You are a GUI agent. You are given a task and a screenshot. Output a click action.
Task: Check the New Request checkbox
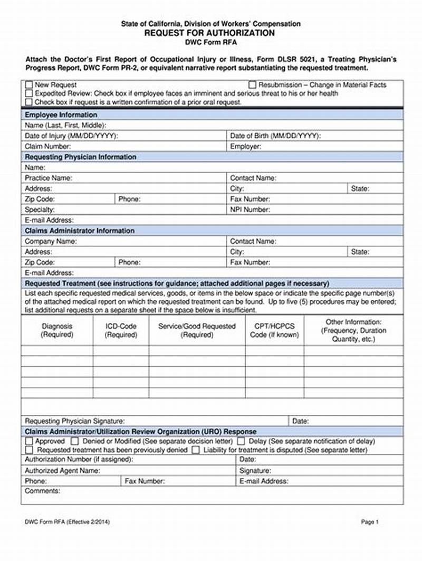(x=29, y=85)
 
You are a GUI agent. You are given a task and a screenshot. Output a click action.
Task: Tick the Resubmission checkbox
(x=252, y=85)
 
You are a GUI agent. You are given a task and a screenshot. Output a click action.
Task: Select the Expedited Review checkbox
(x=29, y=93)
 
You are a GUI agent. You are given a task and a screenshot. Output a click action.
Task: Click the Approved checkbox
(x=29, y=441)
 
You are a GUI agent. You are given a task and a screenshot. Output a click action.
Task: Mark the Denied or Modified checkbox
(x=74, y=441)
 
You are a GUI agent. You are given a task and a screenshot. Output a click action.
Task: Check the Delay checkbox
(x=241, y=441)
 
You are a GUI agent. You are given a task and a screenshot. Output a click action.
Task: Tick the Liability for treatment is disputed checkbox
(x=196, y=450)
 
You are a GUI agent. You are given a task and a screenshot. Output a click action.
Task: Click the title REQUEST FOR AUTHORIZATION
(x=210, y=33)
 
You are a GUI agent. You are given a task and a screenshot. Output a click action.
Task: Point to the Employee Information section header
(x=61, y=115)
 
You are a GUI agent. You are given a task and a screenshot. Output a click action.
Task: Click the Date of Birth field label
(x=275, y=136)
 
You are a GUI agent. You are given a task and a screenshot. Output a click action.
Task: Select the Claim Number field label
(x=48, y=147)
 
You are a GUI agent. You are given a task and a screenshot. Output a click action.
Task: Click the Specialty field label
(x=40, y=210)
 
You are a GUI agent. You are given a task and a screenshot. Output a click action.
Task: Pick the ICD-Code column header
(x=121, y=330)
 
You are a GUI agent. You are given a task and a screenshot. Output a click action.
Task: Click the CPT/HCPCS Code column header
(x=274, y=330)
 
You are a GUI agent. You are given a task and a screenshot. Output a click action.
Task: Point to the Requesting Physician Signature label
(x=75, y=421)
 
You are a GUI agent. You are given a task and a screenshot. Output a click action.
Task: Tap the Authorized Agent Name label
(x=62, y=470)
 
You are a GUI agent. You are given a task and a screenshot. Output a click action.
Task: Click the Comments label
(x=43, y=491)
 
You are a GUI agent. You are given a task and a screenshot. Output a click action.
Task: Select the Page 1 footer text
(x=370, y=522)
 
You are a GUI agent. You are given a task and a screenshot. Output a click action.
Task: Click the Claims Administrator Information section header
(x=80, y=231)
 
